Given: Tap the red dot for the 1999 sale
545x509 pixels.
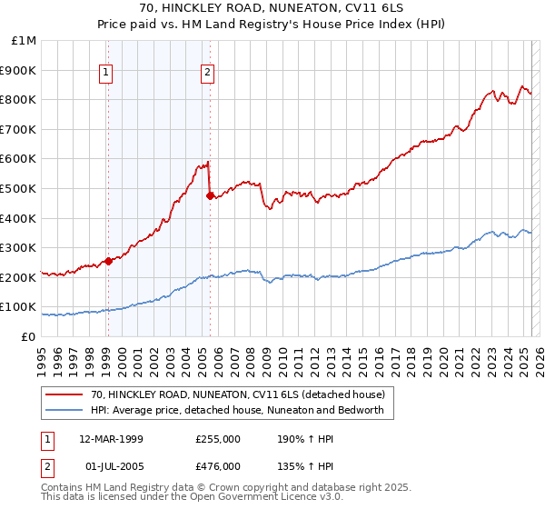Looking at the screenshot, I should tap(108, 261).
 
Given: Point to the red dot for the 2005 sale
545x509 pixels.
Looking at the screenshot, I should tap(210, 195).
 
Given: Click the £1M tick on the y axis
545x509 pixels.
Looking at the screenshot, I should tap(25, 41).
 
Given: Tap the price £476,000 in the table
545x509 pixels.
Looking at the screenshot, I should tap(218, 466).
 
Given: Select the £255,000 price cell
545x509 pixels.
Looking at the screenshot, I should tap(218, 438).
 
